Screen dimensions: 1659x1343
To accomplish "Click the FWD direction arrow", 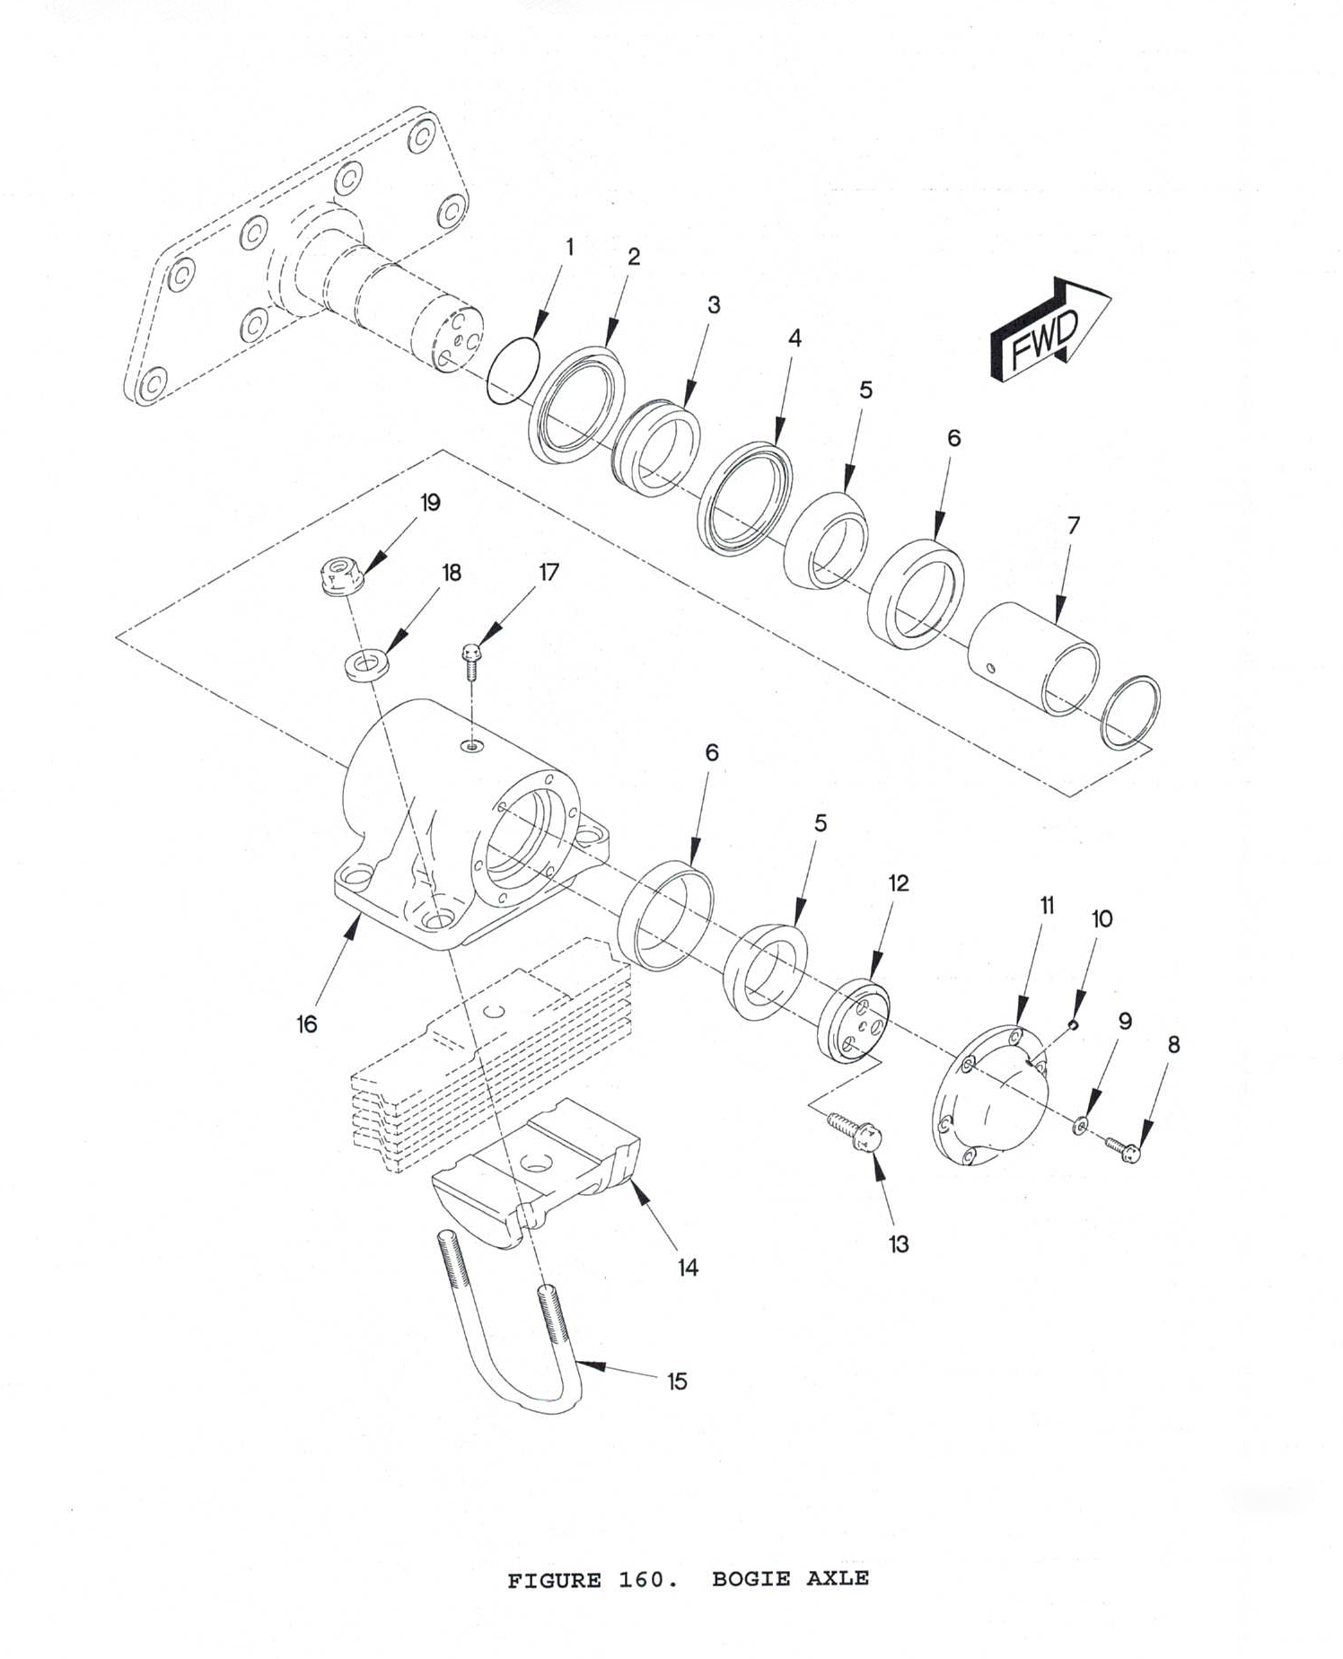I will tap(1049, 332).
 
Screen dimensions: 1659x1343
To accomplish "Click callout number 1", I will tap(569, 247).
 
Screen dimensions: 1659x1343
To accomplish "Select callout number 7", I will tap(1074, 525).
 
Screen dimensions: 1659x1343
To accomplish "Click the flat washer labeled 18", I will tap(364, 667).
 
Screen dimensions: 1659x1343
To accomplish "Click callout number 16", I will tap(307, 1024).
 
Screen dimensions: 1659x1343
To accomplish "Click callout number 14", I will tap(688, 1268).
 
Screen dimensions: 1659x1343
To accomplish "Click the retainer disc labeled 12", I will tap(854, 1023).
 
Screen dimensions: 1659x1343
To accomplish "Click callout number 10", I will tap(1102, 918).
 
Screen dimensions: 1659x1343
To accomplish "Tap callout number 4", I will tap(794, 338).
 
